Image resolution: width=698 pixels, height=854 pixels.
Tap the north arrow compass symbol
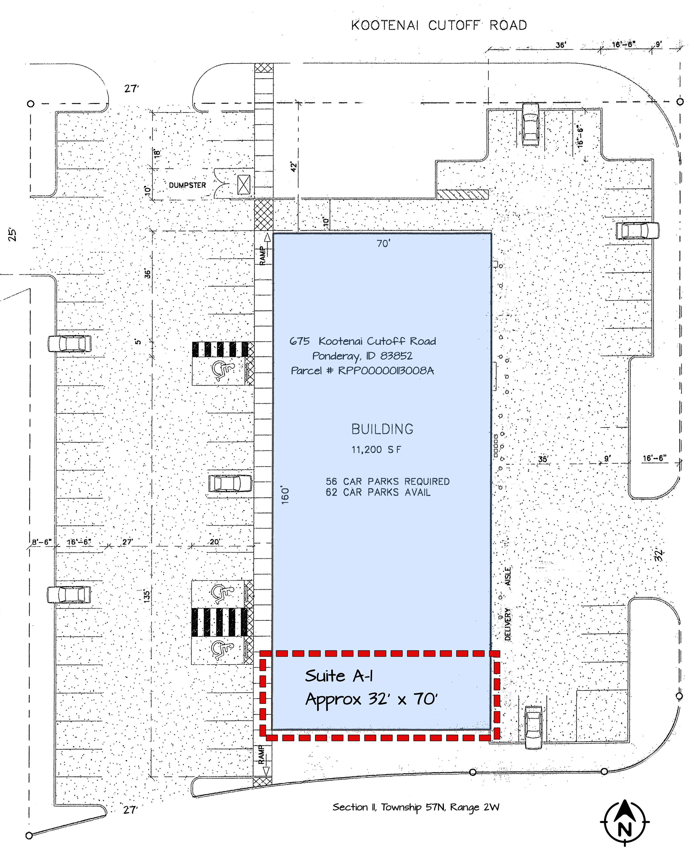(624, 823)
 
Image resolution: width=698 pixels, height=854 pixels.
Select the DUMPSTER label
(187, 185)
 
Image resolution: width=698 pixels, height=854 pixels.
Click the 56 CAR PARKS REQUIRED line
(387, 481)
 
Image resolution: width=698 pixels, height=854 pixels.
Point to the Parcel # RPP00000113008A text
(363, 370)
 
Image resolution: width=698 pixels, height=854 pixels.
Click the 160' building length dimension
(285, 495)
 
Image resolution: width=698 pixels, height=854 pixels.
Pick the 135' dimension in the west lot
(147, 596)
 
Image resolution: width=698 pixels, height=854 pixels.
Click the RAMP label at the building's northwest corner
(263, 256)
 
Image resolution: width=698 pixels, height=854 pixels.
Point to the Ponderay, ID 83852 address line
(362, 356)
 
